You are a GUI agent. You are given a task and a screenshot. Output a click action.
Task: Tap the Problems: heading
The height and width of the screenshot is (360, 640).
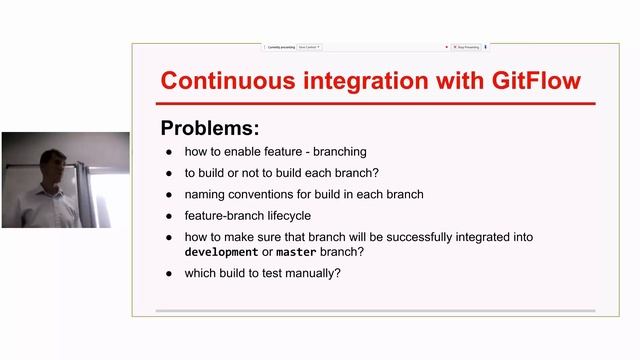[209, 129]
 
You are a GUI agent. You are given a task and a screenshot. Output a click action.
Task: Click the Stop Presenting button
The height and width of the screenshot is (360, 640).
[466, 46]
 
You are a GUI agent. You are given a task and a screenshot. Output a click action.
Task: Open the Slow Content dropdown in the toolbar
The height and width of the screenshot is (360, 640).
[308, 46]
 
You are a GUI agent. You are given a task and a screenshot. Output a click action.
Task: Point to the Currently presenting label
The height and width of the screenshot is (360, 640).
[281, 46]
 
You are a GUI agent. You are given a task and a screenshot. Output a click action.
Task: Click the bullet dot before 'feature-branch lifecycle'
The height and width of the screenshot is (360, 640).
[169, 216]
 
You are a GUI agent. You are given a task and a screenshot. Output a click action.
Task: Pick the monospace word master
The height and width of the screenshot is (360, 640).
[297, 251]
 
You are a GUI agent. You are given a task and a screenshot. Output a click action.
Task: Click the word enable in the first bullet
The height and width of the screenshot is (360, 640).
[240, 152]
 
